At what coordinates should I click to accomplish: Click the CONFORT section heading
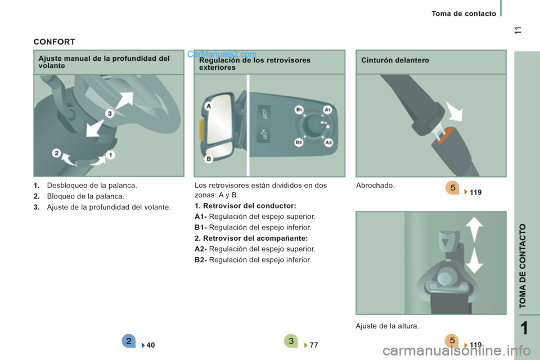[54, 42]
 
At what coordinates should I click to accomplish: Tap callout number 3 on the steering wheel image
[110, 113]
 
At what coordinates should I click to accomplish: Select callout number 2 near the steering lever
[56, 153]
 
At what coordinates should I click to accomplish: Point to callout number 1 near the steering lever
[110, 155]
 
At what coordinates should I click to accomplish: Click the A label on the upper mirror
[208, 106]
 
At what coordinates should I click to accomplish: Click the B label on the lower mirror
[209, 159]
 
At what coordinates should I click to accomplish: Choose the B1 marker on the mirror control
[299, 110]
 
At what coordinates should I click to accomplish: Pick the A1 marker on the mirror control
[327, 110]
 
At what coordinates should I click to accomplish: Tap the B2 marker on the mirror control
[299, 142]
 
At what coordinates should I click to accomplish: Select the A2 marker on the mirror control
[328, 142]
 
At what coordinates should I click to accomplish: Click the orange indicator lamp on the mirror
[202, 129]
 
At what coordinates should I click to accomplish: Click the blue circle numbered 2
[128, 341]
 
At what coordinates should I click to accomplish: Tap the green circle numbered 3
[291, 341]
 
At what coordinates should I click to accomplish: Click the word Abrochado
[375, 185]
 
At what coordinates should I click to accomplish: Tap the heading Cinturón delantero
[395, 60]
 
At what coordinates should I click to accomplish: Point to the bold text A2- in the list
[201, 249]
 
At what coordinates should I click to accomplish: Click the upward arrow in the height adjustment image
[474, 229]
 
